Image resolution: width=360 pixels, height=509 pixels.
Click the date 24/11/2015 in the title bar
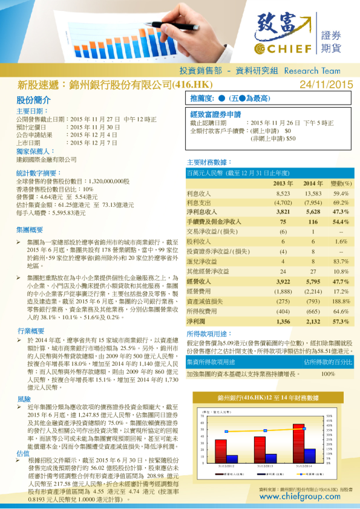(x=326, y=85)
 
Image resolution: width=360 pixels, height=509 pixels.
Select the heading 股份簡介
(x=30, y=100)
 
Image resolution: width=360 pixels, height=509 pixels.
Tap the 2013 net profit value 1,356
(x=283, y=321)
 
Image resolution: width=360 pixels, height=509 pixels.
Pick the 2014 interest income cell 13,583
(x=312, y=193)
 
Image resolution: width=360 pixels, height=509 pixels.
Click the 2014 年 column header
(x=313, y=183)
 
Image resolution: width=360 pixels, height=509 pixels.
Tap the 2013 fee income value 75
(x=283, y=222)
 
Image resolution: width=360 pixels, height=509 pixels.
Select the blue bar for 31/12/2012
(x=232, y=459)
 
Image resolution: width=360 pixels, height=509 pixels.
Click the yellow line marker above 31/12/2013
(x=261, y=430)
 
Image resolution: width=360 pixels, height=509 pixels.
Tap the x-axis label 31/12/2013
(x=261, y=467)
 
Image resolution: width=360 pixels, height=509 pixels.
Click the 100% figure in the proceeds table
(x=327, y=374)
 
